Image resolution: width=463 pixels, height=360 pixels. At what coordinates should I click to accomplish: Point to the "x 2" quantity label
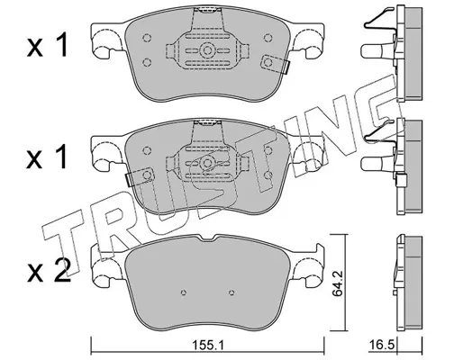[49, 271]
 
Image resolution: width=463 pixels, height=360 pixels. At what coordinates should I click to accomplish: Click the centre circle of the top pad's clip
[207, 49]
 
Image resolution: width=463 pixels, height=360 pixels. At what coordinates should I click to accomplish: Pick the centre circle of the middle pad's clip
[207, 164]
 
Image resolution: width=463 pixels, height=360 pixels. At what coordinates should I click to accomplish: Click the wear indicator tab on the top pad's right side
[275, 64]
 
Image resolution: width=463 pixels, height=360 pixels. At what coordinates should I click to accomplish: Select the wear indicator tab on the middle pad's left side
[139, 176]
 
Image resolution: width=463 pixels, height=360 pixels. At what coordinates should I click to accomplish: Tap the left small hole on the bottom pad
[184, 292]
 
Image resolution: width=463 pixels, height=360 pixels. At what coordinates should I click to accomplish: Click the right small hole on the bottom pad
[231, 292]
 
